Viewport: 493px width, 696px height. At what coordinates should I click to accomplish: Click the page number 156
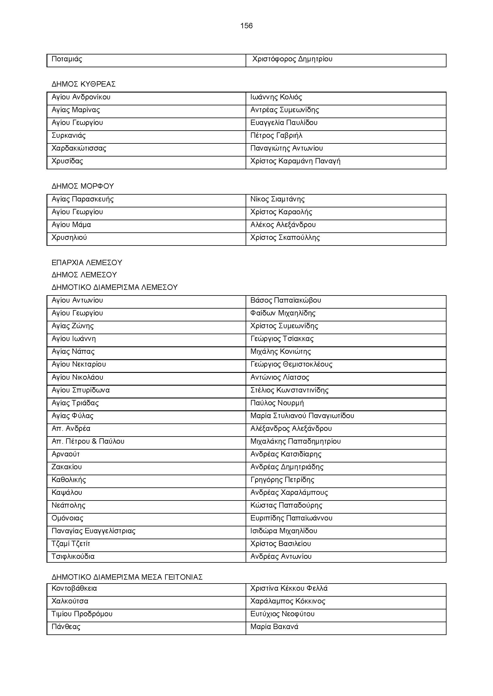click(246, 26)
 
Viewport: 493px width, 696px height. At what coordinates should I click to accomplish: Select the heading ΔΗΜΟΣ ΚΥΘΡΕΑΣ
click(83, 84)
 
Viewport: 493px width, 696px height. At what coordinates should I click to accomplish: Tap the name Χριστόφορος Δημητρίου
click(292, 59)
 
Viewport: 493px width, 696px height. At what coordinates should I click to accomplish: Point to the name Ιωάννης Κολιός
click(276, 97)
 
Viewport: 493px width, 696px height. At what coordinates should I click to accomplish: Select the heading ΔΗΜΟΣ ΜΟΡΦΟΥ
click(83, 186)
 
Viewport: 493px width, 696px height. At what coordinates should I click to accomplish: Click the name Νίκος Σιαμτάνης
click(277, 199)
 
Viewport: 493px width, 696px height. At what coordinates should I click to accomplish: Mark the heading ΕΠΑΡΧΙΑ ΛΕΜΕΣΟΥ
click(87, 262)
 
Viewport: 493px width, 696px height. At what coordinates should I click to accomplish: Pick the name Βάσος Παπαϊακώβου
click(285, 301)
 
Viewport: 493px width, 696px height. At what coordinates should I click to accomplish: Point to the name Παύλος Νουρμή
click(277, 403)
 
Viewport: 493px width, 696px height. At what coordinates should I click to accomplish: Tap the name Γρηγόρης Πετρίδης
click(282, 480)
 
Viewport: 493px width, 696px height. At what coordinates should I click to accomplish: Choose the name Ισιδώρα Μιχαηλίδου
click(283, 531)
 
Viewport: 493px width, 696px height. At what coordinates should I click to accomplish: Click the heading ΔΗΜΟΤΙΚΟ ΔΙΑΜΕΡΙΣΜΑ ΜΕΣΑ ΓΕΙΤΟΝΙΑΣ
click(127, 577)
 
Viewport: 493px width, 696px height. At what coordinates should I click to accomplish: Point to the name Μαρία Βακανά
click(274, 627)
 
